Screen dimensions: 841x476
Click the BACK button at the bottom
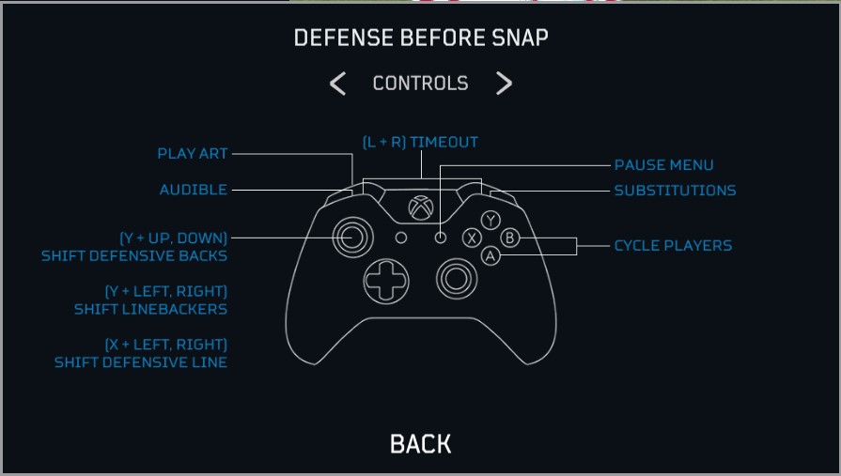(x=420, y=444)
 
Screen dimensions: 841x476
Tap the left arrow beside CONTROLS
(x=338, y=84)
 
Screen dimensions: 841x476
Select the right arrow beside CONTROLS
(x=505, y=84)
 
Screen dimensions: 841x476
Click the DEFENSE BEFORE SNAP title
(x=420, y=38)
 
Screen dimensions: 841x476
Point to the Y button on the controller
(x=491, y=221)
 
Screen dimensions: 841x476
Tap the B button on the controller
(x=508, y=238)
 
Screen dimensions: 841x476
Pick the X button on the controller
(x=473, y=238)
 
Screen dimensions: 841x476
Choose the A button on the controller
(x=490, y=255)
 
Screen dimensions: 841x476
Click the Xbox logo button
(x=420, y=206)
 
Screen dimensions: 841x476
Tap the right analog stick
(x=456, y=277)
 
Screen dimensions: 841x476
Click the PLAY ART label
(x=193, y=154)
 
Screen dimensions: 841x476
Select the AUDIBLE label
(x=194, y=190)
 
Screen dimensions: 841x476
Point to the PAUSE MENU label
(x=663, y=165)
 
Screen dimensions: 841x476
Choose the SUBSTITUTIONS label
(x=675, y=191)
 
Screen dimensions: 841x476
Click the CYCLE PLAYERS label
(x=673, y=246)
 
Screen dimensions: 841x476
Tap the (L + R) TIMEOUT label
(x=420, y=143)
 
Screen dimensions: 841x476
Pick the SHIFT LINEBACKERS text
(x=150, y=309)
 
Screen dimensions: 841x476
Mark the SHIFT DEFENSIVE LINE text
(x=141, y=362)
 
